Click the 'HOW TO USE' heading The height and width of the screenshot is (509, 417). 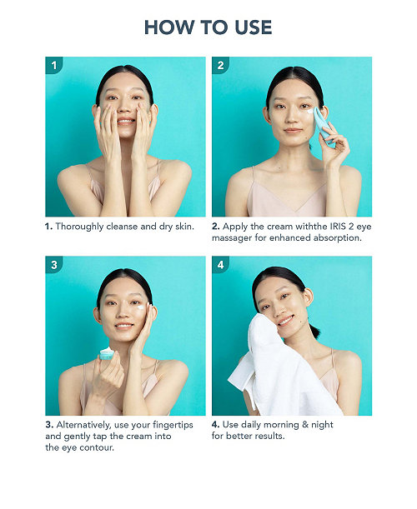(x=208, y=27)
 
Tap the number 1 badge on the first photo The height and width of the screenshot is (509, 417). (x=53, y=65)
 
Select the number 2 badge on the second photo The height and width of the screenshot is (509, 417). (x=220, y=65)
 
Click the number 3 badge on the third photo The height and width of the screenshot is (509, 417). (x=53, y=265)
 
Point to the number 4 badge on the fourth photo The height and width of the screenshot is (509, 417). (x=220, y=265)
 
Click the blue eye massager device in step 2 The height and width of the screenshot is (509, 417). (x=324, y=127)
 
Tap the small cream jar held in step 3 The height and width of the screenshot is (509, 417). (x=106, y=353)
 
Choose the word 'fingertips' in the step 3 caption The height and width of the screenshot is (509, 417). (x=173, y=425)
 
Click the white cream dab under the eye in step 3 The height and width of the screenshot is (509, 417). (x=142, y=307)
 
